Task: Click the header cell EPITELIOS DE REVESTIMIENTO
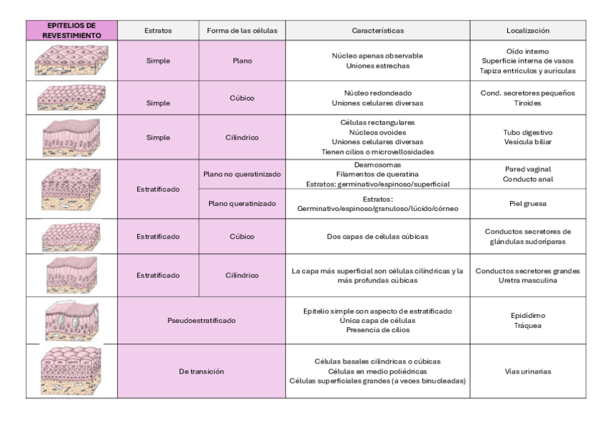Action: (x=71, y=30)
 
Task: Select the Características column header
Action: (x=377, y=31)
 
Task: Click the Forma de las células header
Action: (x=242, y=31)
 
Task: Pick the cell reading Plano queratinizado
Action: (x=242, y=203)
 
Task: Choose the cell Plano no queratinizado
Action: (x=242, y=174)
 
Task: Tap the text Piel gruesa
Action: (x=527, y=203)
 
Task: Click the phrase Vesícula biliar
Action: (x=527, y=142)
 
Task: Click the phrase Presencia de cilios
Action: (x=377, y=330)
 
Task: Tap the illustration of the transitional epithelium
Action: (x=71, y=371)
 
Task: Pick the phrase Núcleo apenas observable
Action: (x=377, y=56)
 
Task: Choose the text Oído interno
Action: (x=527, y=51)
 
